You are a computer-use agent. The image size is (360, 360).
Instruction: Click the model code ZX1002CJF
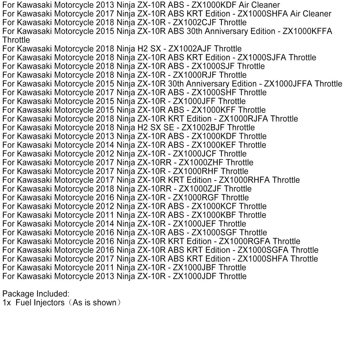click(195, 22)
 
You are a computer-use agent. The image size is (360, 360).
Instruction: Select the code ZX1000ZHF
click(201, 162)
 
